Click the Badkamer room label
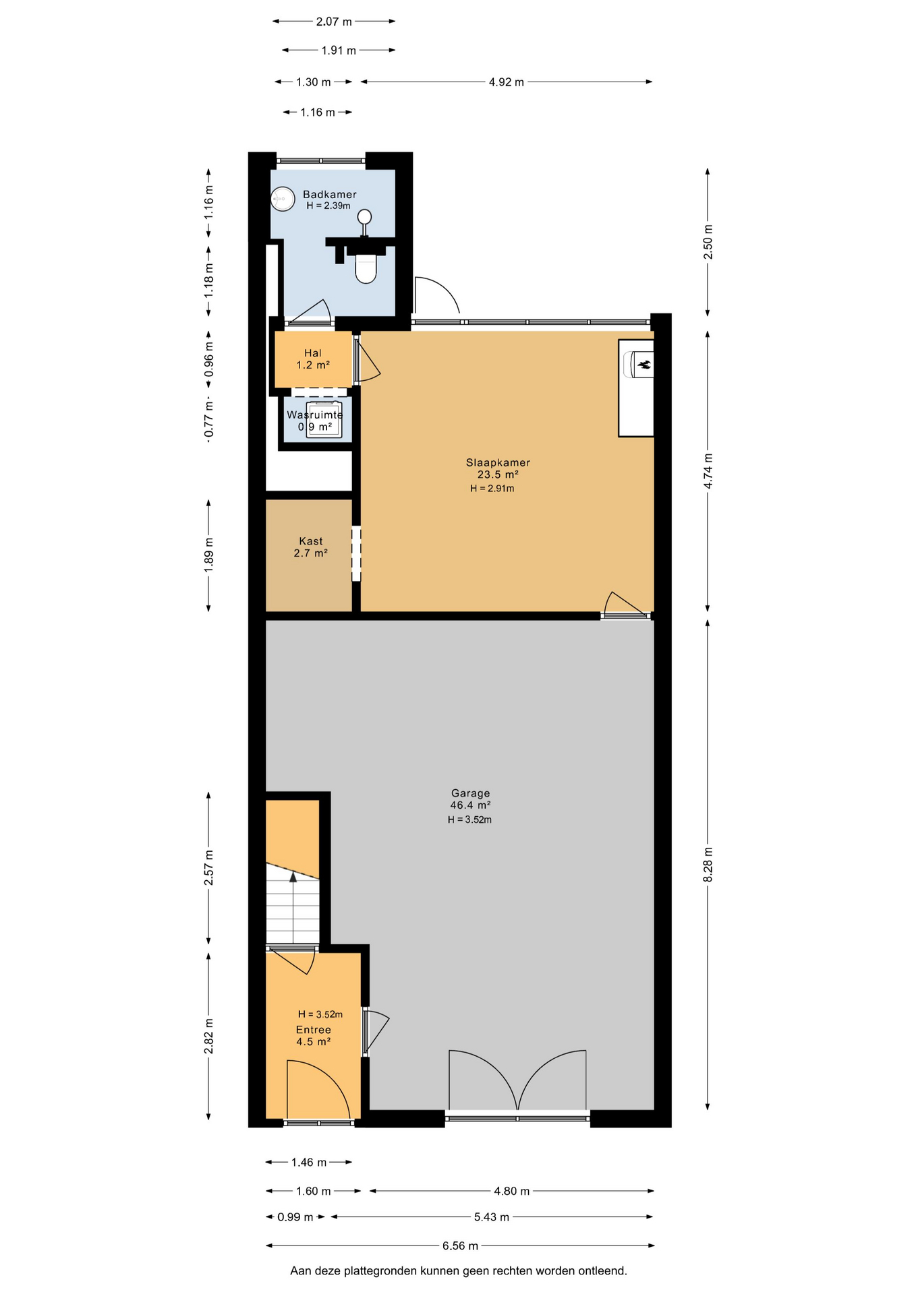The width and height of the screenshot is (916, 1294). (x=329, y=194)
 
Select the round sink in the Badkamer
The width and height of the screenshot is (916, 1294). (x=283, y=199)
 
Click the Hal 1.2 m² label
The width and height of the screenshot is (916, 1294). (x=313, y=359)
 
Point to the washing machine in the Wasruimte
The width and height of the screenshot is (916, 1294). (x=324, y=420)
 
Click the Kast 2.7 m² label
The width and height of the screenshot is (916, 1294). (x=311, y=547)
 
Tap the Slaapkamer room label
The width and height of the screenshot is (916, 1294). (x=498, y=462)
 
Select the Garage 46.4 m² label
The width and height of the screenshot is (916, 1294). (x=470, y=799)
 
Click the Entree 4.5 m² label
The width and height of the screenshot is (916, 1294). (x=314, y=1036)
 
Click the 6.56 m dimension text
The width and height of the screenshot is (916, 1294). (x=460, y=1246)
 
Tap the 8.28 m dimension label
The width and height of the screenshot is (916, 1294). (x=708, y=865)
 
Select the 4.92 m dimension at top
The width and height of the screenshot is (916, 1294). (x=506, y=82)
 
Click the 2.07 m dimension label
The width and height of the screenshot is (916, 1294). (x=334, y=22)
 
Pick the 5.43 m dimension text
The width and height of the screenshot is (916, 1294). (x=491, y=1217)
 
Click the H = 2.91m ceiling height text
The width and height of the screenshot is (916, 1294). (x=492, y=489)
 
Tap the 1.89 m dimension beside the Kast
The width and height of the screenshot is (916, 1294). (x=208, y=556)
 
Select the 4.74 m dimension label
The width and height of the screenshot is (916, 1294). (x=708, y=471)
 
